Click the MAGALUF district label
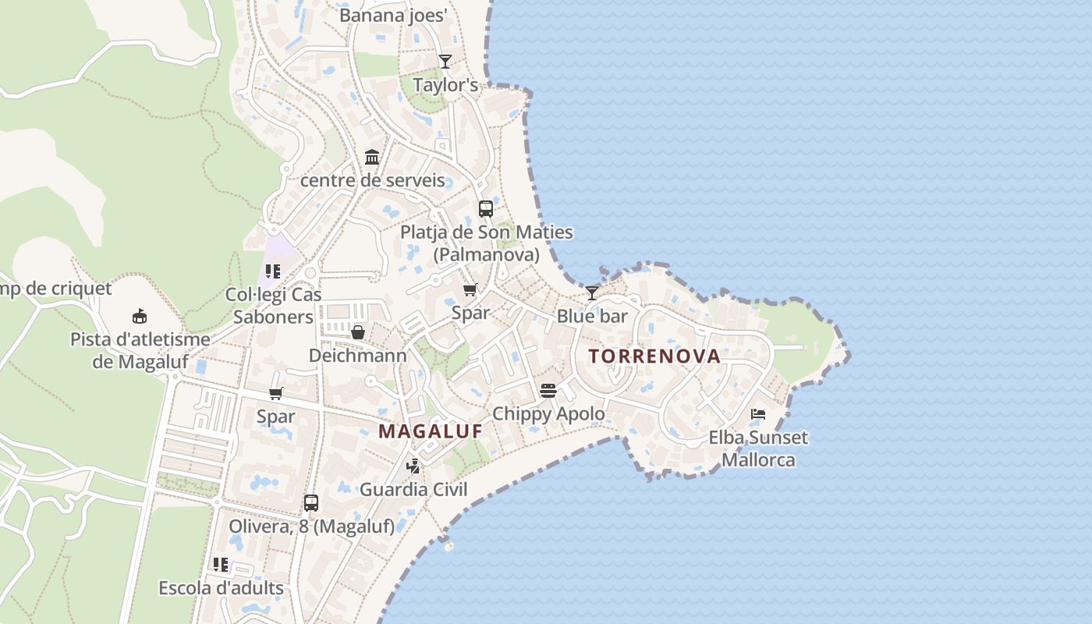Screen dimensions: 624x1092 [x=430, y=431]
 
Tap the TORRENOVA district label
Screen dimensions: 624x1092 [x=654, y=356]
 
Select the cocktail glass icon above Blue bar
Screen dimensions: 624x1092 [x=592, y=293]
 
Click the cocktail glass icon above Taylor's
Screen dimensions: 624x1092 [x=445, y=62]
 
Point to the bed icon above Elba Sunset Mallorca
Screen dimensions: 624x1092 [x=757, y=414]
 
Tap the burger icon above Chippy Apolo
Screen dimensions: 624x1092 [x=548, y=390]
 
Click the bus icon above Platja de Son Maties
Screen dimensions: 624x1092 [x=485, y=209]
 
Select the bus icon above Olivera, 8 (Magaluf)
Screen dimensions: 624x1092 [x=311, y=503]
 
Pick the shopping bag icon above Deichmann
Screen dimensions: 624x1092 [x=358, y=333]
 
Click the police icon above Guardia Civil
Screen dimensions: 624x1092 [x=413, y=466]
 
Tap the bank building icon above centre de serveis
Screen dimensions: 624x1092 [x=372, y=158]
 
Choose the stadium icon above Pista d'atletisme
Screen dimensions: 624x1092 [x=140, y=316]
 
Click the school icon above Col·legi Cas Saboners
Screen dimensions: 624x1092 [x=273, y=271]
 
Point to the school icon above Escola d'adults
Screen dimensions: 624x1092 [x=221, y=564]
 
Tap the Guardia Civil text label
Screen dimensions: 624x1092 [x=413, y=489]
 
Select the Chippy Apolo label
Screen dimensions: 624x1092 [x=548, y=413]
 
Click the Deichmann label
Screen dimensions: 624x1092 [x=358, y=356]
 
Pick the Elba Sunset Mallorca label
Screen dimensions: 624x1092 [x=758, y=448]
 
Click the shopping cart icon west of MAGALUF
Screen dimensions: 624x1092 [x=275, y=394]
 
